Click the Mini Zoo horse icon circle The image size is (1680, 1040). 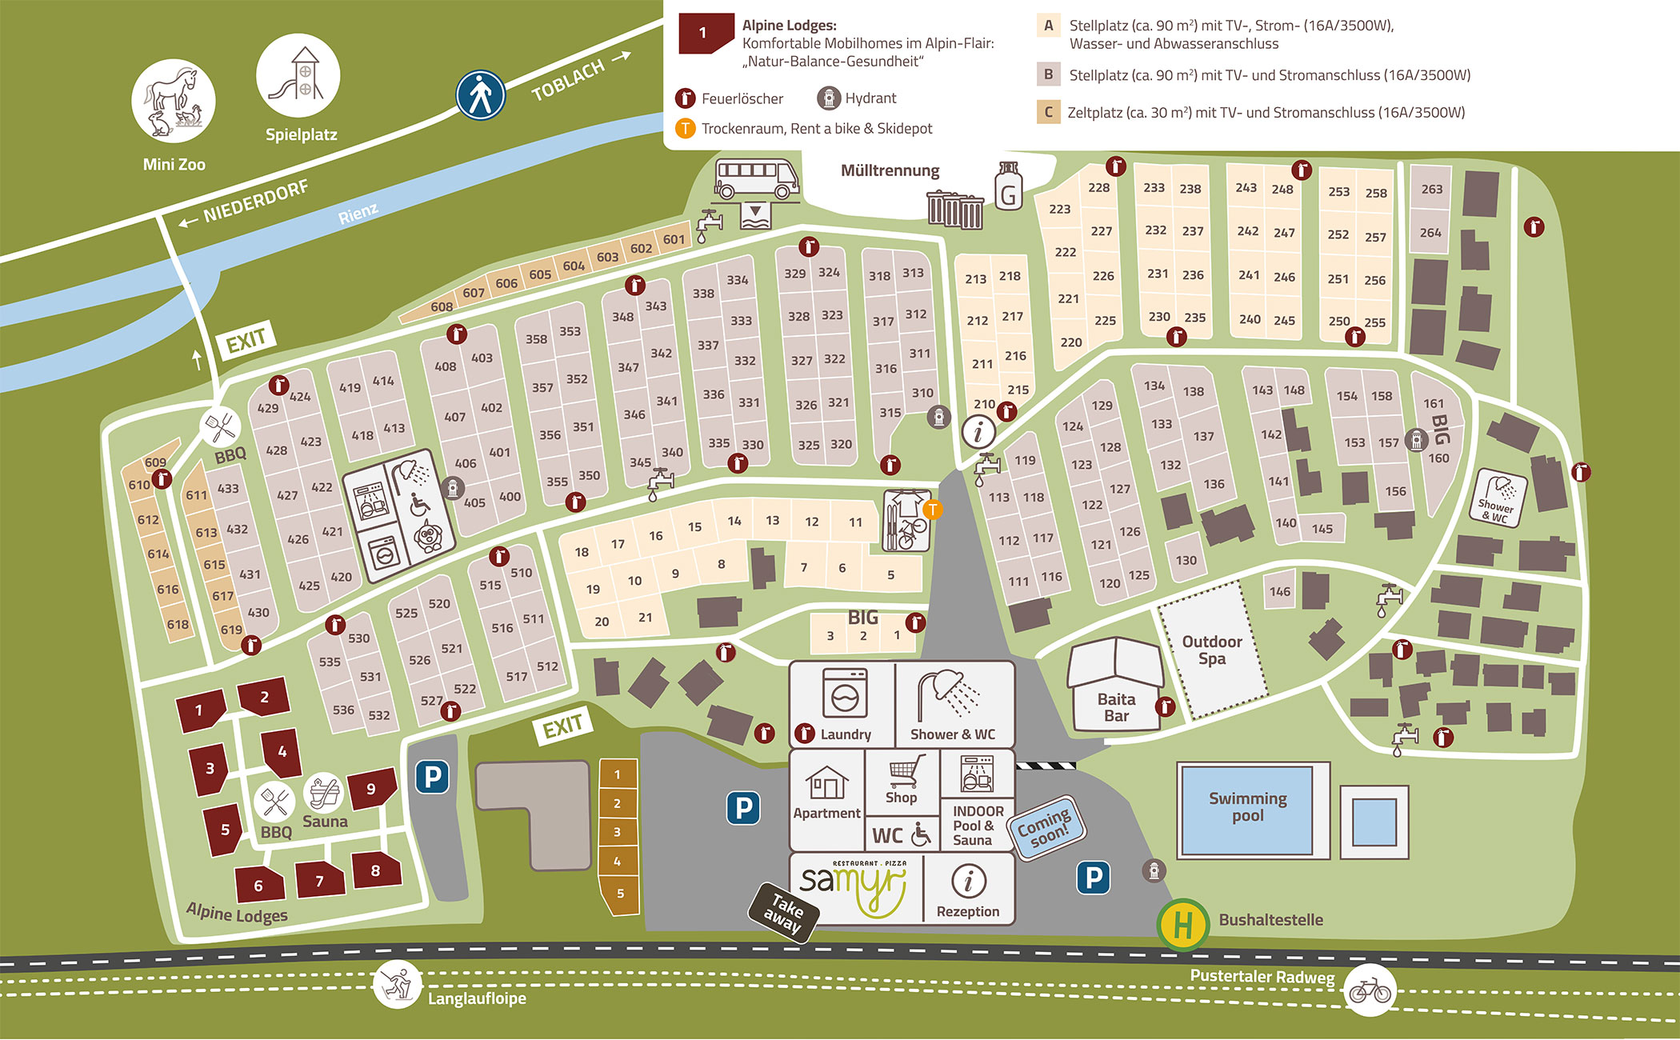pyautogui.click(x=173, y=101)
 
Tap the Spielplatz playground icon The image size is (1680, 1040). pyautogui.click(x=298, y=75)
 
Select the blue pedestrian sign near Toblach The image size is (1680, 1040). pyautogui.click(x=480, y=95)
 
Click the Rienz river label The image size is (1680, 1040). pyautogui.click(x=358, y=213)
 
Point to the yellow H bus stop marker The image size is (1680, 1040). pyautogui.click(x=1182, y=925)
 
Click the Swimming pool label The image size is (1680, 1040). pyautogui.click(x=1247, y=806)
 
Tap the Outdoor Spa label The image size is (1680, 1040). pyautogui.click(x=1212, y=650)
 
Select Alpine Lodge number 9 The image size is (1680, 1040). pyautogui.click(x=371, y=788)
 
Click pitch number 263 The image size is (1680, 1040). pyautogui.click(x=1431, y=190)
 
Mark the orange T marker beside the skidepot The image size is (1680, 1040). pyautogui.click(x=932, y=509)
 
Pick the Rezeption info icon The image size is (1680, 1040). pyautogui.click(x=968, y=881)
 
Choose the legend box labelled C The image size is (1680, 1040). pyautogui.click(x=1048, y=112)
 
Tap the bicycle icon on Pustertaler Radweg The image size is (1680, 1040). pyautogui.click(x=1370, y=991)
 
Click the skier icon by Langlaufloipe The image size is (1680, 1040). pyautogui.click(x=397, y=983)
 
